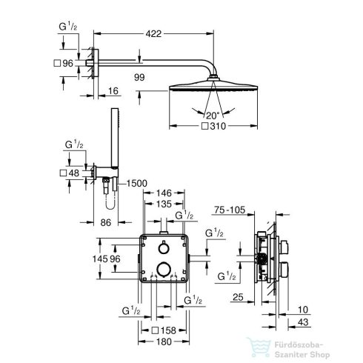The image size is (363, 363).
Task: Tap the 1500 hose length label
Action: point(136,183)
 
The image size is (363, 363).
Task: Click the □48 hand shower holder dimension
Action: point(67,173)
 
